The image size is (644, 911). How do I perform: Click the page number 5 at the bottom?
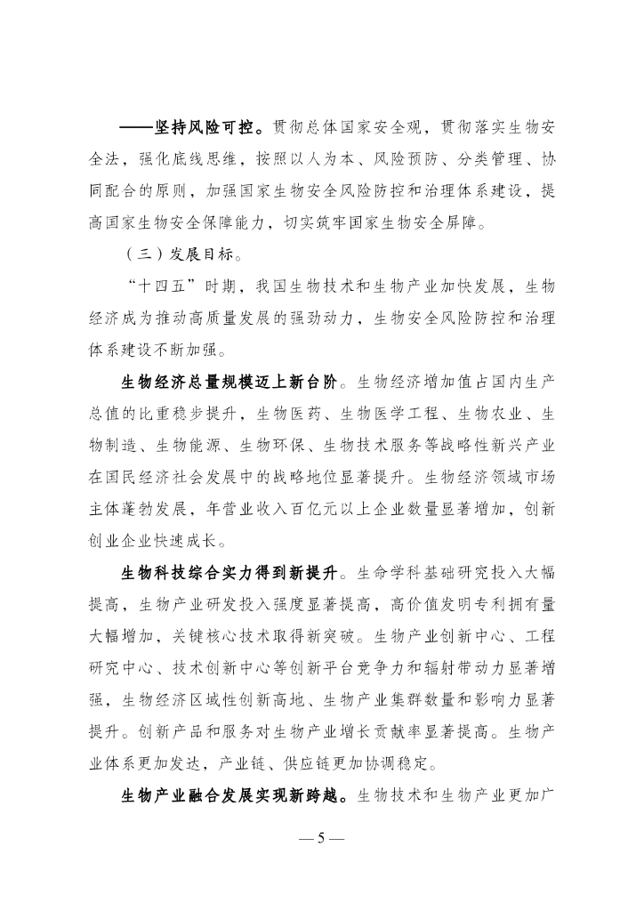coord(322,839)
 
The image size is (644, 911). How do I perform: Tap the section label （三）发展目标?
coord(181,254)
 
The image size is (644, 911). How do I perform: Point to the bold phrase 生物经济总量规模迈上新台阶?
coord(229,383)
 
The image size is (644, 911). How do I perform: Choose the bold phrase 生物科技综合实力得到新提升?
coord(229,571)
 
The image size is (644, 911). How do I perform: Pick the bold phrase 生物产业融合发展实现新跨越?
coord(229,794)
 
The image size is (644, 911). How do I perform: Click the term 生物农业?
coord(493,415)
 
